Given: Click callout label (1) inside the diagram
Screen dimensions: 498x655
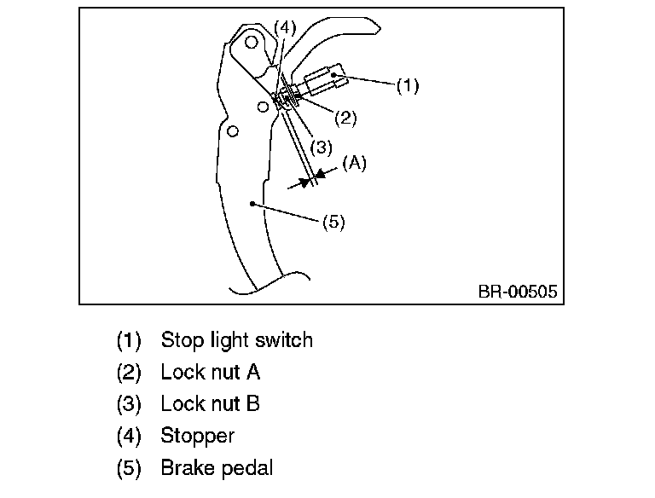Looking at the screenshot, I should tap(408, 85).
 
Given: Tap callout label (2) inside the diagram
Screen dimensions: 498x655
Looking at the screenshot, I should tap(345, 118).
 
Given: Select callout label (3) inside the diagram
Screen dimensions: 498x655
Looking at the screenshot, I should tap(321, 147).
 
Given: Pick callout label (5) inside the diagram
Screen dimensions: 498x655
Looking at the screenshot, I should tap(333, 223).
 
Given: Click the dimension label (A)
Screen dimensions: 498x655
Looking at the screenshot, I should tap(354, 163).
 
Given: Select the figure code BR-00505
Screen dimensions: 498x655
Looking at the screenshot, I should tap(518, 292).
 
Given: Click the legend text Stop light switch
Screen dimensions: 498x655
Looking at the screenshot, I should tap(236, 340).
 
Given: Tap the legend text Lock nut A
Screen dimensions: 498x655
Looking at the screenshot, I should tap(210, 372).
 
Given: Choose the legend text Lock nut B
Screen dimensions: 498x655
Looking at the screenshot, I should tap(210, 403).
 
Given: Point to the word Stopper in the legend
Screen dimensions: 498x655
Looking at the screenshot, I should tap(197, 436).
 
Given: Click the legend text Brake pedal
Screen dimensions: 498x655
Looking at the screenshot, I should tap(217, 467).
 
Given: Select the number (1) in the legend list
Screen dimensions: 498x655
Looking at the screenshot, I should tap(128, 340).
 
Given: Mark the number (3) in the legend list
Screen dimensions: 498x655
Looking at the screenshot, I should tap(128, 403).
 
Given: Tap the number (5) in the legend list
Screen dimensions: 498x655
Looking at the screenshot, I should tap(128, 467).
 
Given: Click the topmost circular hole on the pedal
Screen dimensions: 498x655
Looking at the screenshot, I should tap(252, 41).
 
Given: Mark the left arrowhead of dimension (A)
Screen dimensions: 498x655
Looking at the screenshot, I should tap(304, 182).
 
